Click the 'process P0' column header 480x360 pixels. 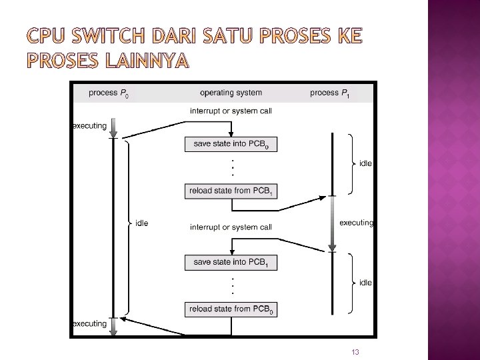[x=109, y=93]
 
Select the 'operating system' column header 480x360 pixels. [x=231, y=93]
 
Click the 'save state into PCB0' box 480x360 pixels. [x=231, y=144]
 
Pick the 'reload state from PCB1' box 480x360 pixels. [x=231, y=191]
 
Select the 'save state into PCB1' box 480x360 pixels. [x=231, y=263]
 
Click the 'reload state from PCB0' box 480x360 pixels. [x=231, y=309]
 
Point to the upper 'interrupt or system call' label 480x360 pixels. [x=231, y=111]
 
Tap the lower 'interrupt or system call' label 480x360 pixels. [x=231, y=227]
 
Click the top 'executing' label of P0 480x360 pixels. [x=89, y=126]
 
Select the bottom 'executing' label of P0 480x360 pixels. [x=89, y=324]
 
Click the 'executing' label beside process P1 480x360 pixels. [x=356, y=223]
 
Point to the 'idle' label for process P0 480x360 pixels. [x=141, y=223]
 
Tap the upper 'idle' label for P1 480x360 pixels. [x=365, y=163]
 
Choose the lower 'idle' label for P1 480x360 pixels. [x=365, y=283]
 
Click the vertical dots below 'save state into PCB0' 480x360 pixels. [x=232, y=167]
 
